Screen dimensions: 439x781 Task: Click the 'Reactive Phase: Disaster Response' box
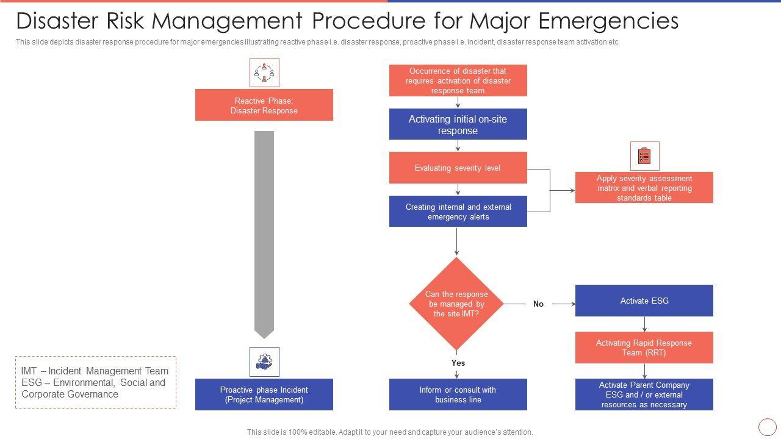264,105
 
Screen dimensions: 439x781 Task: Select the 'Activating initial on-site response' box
458,124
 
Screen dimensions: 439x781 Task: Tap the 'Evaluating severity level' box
458,168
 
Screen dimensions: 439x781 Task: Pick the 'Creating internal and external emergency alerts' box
458,212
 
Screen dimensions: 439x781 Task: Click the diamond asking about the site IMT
456,304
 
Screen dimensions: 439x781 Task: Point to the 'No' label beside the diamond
538,304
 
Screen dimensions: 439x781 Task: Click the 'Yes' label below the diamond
458,363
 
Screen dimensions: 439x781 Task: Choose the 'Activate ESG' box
644,301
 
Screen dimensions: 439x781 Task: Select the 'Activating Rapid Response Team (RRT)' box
644,348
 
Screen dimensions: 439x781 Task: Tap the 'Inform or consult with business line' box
458,394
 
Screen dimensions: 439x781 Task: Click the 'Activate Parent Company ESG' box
644,394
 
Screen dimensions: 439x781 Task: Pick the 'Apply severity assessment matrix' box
644,188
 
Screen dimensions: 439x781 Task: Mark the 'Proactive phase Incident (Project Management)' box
264,394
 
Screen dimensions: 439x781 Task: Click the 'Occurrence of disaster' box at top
458,80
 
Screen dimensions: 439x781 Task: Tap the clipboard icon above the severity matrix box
644,156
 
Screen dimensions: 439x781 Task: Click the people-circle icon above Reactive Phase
264,73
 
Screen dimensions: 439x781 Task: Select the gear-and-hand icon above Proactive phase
264,362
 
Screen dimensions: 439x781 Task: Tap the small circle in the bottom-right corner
767,427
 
